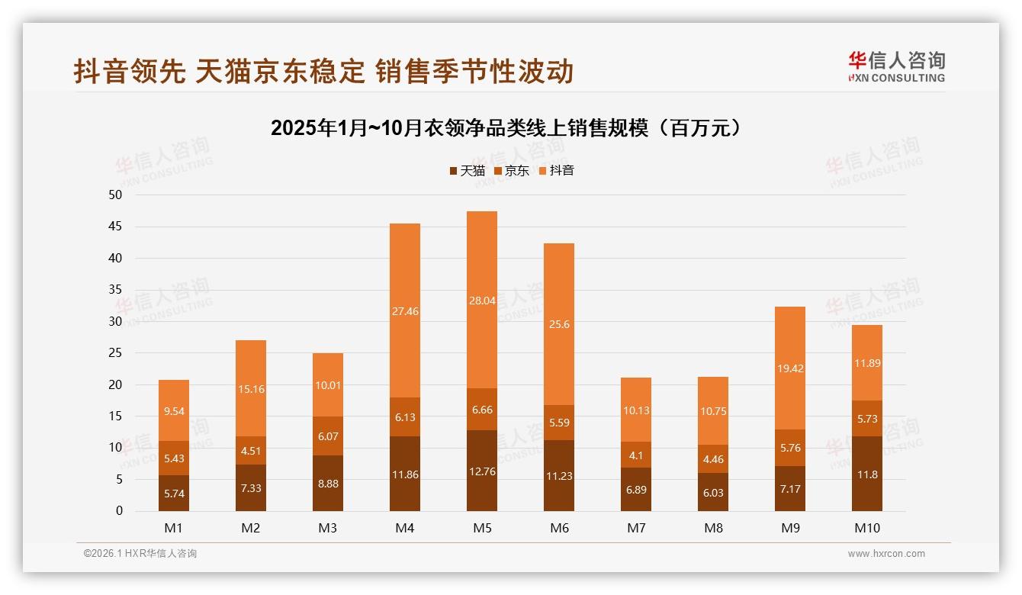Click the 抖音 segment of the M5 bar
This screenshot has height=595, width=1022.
point(481,300)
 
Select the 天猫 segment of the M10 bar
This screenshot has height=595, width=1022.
point(866,474)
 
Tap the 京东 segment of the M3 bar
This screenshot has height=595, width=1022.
point(327,436)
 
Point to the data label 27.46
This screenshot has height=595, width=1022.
point(405,311)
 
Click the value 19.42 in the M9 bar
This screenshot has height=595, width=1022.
point(789,368)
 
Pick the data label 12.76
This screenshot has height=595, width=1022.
point(481,471)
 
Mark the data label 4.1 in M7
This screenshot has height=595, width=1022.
point(635,455)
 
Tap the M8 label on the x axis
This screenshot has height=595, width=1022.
point(712,528)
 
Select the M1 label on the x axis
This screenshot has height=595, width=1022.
point(174,528)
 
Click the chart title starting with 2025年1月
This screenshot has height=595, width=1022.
point(506,128)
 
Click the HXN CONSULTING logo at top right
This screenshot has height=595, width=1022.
point(896,67)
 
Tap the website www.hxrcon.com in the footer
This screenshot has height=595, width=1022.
point(886,554)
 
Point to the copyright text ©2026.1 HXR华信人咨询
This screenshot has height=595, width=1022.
point(140,554)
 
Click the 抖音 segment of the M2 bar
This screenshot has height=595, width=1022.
point(251,388)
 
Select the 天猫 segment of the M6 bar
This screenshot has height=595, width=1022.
point(558,475)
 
